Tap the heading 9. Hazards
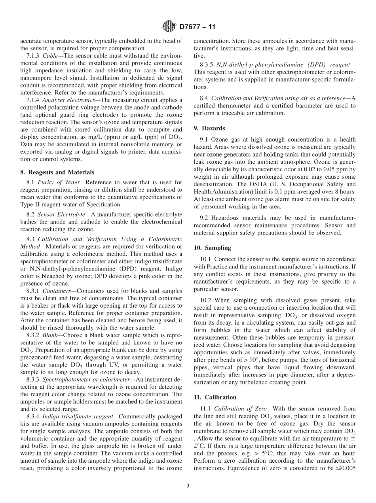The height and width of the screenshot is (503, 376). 209,128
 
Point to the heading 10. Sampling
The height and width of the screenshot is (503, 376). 212,248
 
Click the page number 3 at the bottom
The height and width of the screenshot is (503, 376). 188,486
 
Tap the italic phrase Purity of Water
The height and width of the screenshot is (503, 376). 58,182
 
